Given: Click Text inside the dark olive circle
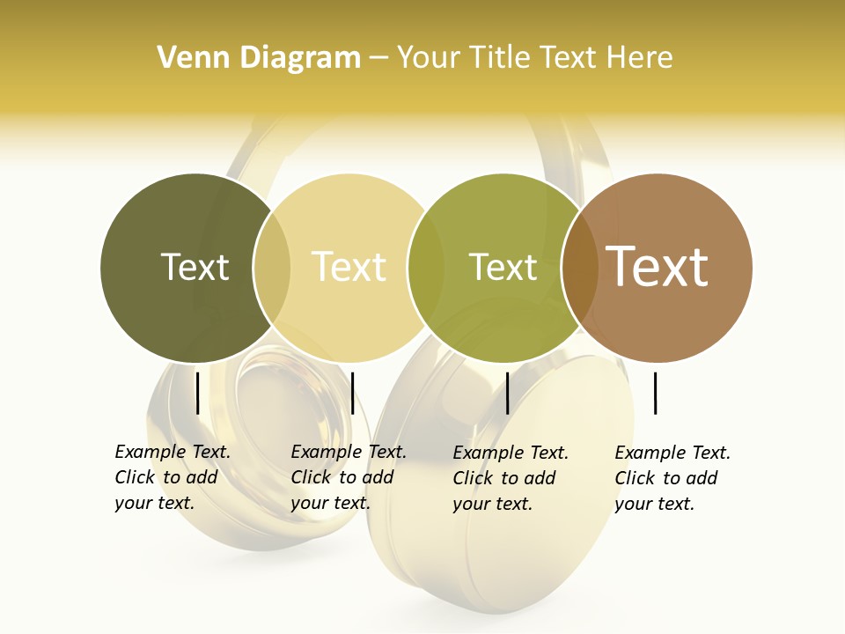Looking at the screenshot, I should pos(195,267).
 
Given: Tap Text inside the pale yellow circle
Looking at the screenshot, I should pos(349,267).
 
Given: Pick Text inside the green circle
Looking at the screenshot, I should pos(503,267).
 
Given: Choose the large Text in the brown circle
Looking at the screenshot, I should pos(658,267).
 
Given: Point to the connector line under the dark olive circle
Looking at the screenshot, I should pos(197,393).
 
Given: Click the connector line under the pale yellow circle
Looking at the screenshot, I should pos(352,393).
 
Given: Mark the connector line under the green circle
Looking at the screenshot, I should pos(507,393).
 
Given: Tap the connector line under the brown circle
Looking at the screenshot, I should pos(655,393).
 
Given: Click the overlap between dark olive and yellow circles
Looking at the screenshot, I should pos(272,268).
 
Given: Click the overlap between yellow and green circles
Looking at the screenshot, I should pos(426,268).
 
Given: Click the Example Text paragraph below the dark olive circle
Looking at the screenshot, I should pos(173,477).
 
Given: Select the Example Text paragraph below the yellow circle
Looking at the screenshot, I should pos(349,477).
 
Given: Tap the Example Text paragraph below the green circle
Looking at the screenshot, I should pos(511,478).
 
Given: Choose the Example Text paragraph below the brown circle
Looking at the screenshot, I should pos(672,478).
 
